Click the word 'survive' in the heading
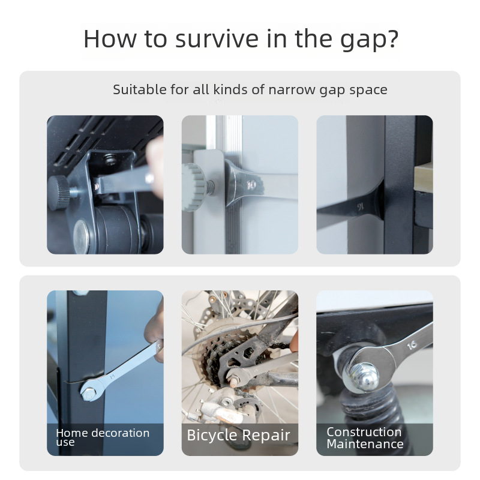217,38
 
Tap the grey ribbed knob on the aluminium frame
194,187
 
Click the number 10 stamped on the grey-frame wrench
251,185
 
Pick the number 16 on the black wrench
361,207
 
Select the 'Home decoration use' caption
103,437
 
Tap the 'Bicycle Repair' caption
238,436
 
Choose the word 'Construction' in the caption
364,432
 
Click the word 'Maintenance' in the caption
365,444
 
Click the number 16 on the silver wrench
412,345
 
